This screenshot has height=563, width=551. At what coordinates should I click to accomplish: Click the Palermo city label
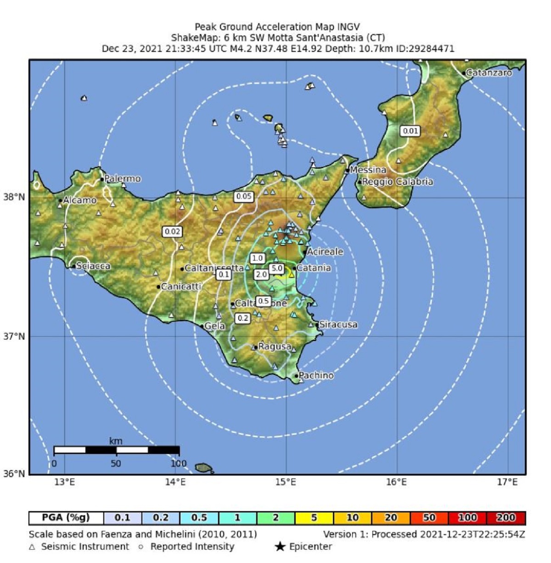122,179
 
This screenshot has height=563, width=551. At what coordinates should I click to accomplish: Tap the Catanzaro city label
489,73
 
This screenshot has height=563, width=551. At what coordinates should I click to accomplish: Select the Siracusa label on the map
338,324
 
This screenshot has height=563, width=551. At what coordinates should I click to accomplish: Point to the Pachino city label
316,375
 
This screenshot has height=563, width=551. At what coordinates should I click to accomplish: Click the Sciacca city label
93,266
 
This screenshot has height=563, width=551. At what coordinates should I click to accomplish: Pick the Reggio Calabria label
397,182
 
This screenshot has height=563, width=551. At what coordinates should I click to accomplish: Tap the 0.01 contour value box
410,131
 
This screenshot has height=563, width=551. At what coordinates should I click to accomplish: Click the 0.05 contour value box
243,197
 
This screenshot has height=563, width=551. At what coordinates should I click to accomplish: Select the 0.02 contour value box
172,232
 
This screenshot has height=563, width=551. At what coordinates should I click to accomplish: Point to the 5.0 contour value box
277,268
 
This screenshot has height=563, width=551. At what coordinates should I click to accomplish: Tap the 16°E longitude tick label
396,482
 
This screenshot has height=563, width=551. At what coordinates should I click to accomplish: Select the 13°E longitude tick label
64,482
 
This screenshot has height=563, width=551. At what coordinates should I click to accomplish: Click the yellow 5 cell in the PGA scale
314,518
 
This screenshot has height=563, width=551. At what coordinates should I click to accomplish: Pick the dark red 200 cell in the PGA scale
506,518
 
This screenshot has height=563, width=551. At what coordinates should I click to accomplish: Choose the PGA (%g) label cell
66,518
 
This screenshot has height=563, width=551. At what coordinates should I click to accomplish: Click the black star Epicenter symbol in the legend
280,547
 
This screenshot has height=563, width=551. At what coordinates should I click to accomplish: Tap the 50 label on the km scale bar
116,463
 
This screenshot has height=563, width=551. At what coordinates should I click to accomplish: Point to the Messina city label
368,170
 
